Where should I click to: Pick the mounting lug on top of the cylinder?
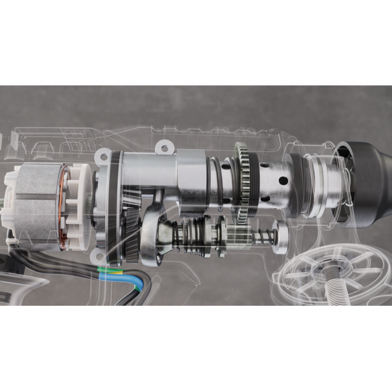click(x=164, y=147)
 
